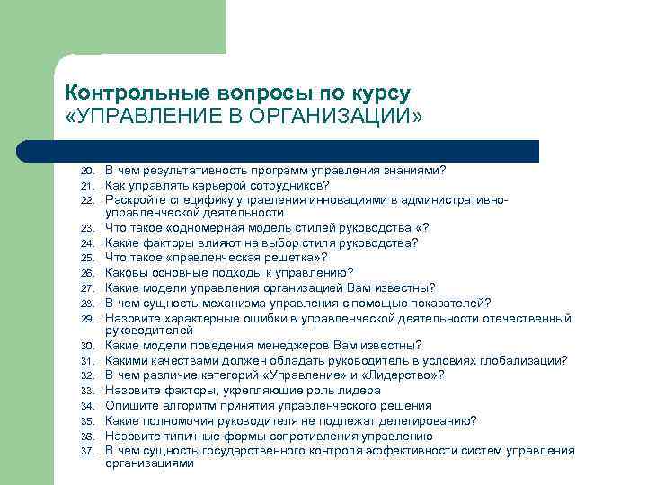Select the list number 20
click(x=87, y=171)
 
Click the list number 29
click(x=87, y=320)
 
